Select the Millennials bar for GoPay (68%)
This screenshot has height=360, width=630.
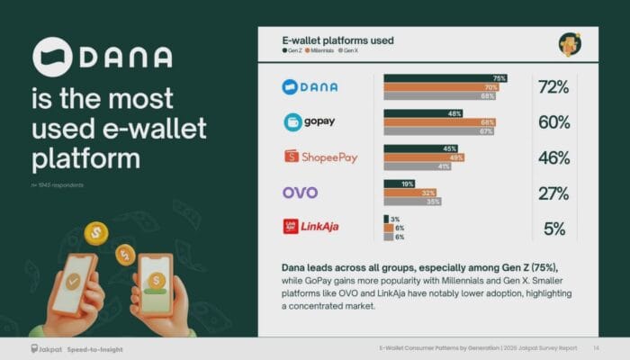tap(439, 122)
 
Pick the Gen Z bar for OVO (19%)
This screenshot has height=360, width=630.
tap(399, 184)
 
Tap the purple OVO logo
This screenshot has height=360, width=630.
tap(300, 193)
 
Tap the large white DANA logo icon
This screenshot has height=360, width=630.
tap(51, 56)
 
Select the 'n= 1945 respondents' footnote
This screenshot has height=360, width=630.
tap(56, 186)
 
